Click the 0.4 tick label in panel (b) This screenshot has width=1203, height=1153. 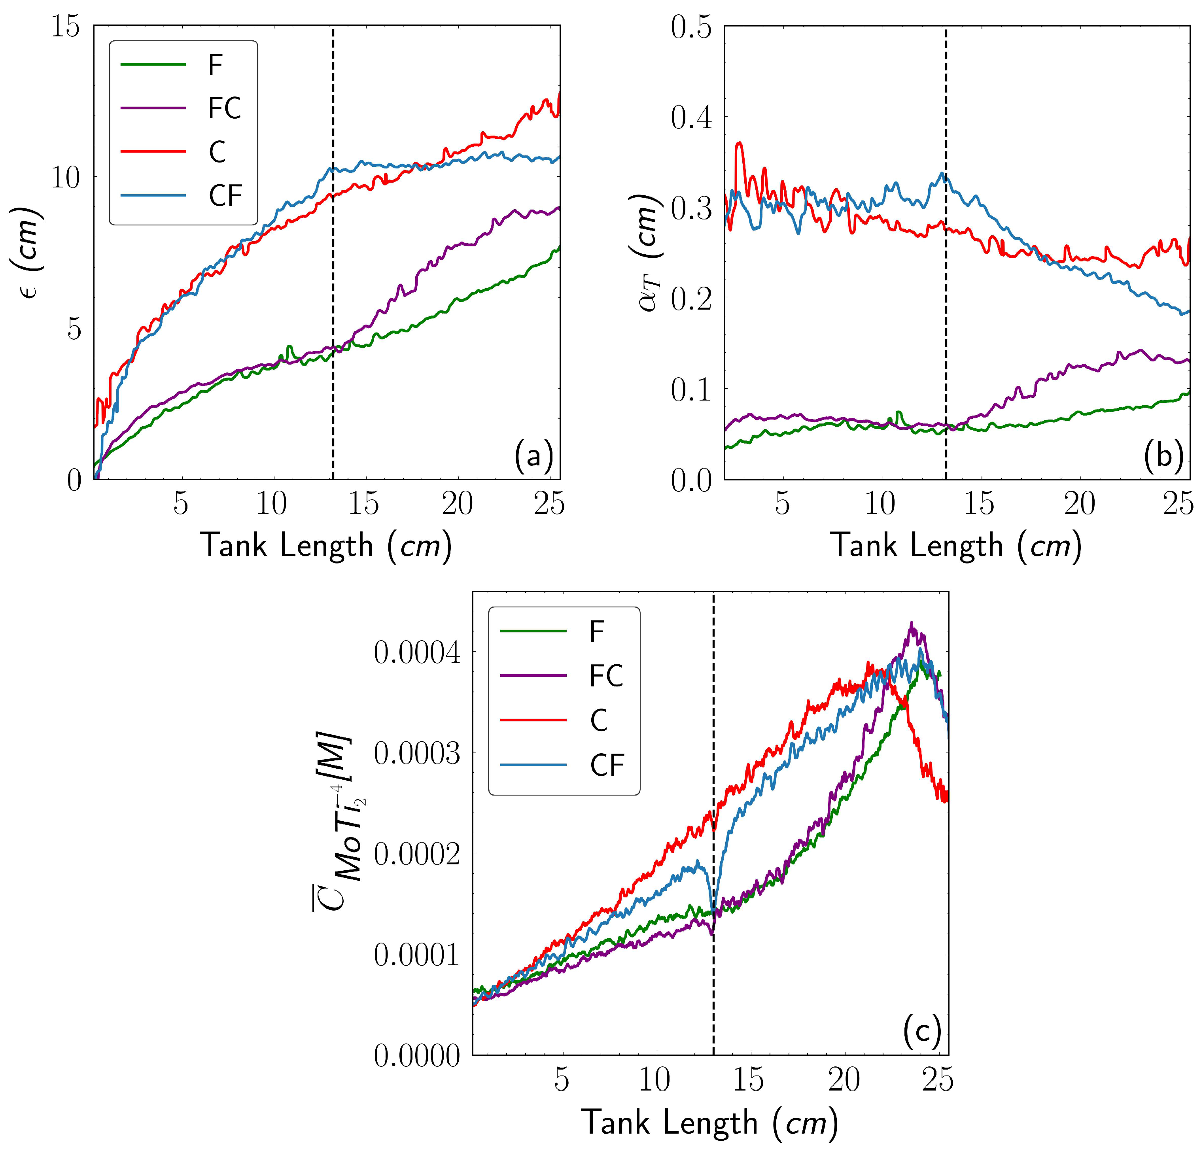click(x=692, y=117)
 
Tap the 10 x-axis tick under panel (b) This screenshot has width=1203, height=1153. click(x=880, y=504)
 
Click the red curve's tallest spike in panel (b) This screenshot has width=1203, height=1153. click(x=740, y=143)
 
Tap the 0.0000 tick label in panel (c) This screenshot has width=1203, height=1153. click(x=417, y=1055)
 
